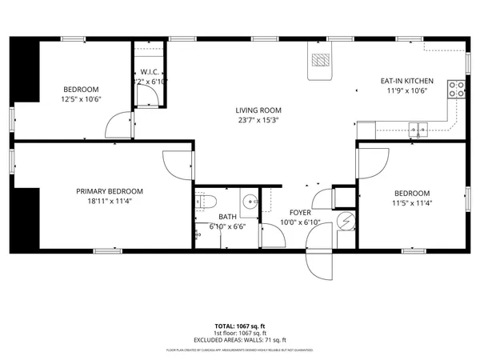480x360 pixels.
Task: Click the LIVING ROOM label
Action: coord(257,110)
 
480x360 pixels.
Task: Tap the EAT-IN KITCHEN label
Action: coord(406,81)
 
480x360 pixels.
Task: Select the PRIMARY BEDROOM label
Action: coord(110,191)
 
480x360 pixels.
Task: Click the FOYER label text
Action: coord(300,212)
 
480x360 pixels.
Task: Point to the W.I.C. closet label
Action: coord(150,73)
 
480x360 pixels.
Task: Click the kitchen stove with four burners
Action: coord(458,90)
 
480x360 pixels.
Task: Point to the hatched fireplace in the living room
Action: coord(319,61)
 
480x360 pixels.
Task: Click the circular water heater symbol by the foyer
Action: coord(347,221)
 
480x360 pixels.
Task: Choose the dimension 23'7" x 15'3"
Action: coord(257,121)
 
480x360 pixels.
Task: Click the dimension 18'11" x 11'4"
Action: coord(110,202)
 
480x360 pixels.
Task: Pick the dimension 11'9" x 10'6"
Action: coord(406,91)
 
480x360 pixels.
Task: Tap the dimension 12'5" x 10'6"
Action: coord(81,99)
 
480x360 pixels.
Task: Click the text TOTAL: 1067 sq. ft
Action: coord(240,326)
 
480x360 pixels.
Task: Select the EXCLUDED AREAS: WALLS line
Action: coord(240,341)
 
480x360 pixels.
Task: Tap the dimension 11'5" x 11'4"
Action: coord(412,204)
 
